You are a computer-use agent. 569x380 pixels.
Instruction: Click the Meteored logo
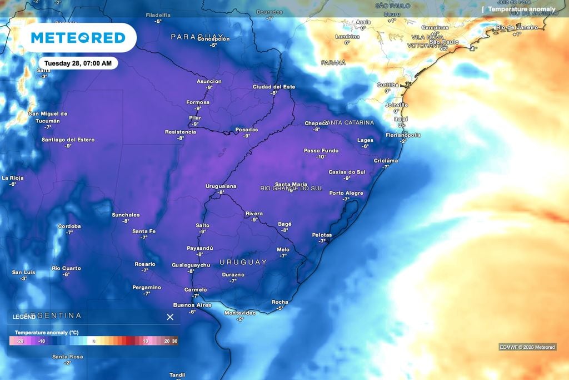click(78, 38)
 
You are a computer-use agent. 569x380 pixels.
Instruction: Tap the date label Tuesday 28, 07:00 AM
click(78, 63)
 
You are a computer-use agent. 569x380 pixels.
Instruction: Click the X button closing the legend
click(170, 317)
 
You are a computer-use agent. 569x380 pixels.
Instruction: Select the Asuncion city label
click(209, 81)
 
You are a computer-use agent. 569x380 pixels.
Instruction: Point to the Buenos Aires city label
click(192, 305)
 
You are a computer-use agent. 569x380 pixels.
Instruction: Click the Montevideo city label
click(240, 313)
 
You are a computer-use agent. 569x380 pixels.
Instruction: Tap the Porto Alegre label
click(346, 193)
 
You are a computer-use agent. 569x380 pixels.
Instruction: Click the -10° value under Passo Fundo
click(321, 157)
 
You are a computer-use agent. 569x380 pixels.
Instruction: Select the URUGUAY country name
click(243, 262)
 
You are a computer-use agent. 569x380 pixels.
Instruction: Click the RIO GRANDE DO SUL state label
click(291, 189)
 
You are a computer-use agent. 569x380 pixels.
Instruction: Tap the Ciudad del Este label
click(274, 87)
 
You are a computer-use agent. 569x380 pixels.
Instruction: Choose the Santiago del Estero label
click(68, 140)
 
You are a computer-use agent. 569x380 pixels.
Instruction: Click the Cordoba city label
click(69, 226)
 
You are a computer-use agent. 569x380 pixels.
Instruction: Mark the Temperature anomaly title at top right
click(521, 9)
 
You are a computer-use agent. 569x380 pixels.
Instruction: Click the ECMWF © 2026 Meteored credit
click(527, 347)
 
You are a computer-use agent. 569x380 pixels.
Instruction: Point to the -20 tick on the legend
click(20, 340)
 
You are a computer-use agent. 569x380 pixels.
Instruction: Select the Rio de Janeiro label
click(517, 27)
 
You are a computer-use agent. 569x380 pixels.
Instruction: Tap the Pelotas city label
click(322, 235)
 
